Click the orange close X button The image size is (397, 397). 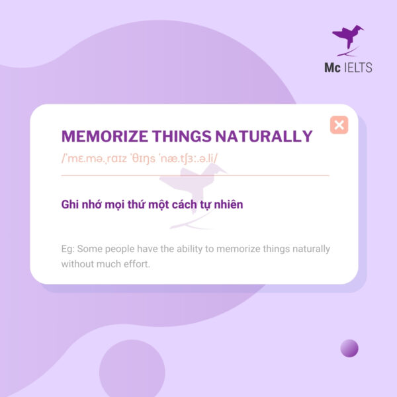pyautogui.click(x=339, y=124)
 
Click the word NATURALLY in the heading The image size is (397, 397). pyautogui.click(x=264, y=137)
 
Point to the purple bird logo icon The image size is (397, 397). pyautogui.click(x=348, y=40)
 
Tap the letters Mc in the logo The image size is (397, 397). pyautogui.click(x=332, y=67)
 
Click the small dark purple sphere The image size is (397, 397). pyautogui.click(x=349, y=348)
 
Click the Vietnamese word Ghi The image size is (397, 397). pyautogui.click(x=69, y=204)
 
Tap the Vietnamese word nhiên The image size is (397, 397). pyautogui.click(x=228, y=204)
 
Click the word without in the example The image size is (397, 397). pyautogui.click(x=79, y=263)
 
